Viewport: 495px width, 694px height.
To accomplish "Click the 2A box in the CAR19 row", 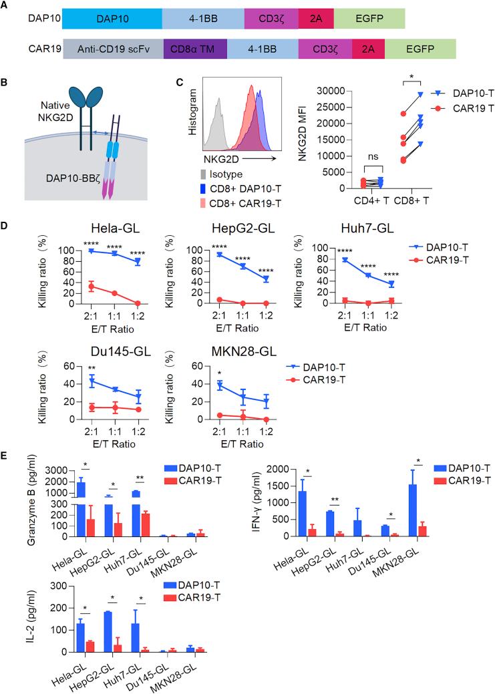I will pos(368,50).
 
